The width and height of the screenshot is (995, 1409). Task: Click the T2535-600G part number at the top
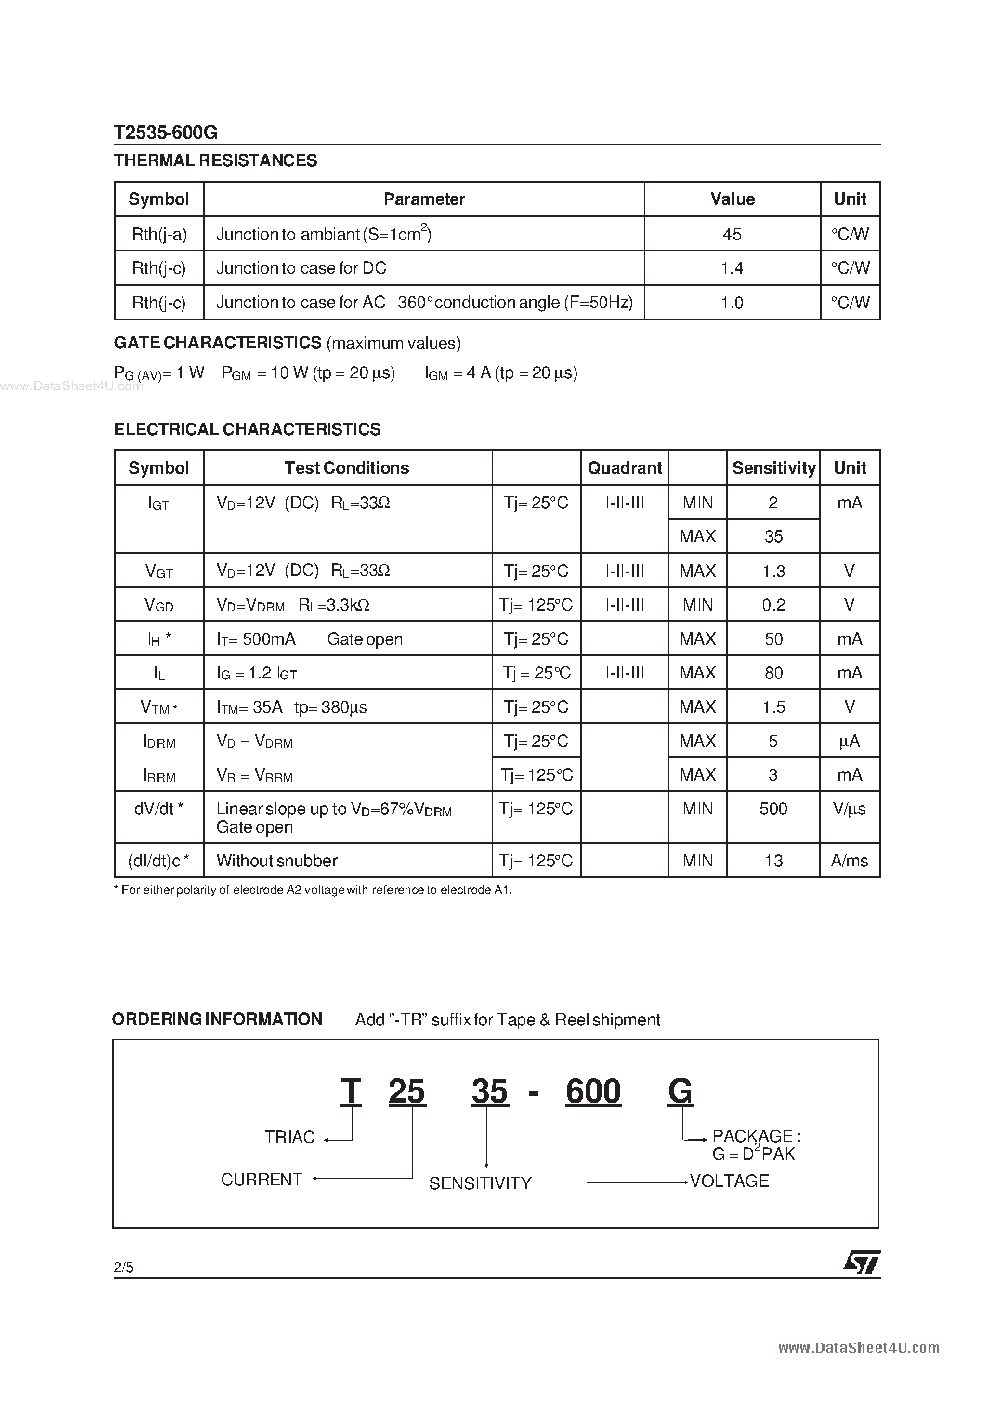click(x=166, y=133)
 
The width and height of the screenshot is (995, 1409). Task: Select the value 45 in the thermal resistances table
click(x=732, y=234)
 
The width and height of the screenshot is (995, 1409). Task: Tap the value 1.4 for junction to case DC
click(x=732, y=268)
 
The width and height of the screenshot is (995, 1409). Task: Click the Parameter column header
click(x=424, y=199)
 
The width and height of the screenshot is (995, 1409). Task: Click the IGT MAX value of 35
click(x=773, y=536)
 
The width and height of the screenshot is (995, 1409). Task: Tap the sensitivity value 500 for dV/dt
click(x=773, y=809)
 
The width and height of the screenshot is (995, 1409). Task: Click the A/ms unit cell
click(x=850, y=861)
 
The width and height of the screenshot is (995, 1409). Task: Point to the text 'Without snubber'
click(x=276, y=861)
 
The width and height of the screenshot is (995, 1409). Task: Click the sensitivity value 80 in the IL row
click(x=773, y=673)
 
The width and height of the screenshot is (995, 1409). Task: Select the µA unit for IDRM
click(x=850, y=741)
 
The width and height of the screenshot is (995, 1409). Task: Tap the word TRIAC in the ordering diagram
click(x=289, y=1137)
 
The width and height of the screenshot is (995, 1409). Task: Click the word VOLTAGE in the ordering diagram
click(x=729, y=1181)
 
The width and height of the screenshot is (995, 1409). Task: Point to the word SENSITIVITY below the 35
click(x=480, y=1183)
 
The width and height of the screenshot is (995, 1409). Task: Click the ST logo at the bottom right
click(x=862, y=1263)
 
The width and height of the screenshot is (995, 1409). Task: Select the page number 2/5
click(x=123, y=1267)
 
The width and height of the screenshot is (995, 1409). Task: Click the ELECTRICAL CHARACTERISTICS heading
click(x=247, y=429)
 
